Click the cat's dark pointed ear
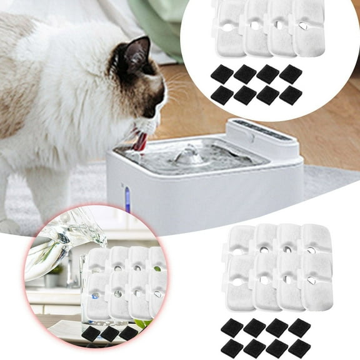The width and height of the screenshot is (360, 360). coord(136,53)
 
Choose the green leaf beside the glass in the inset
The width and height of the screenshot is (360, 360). coord(142,324)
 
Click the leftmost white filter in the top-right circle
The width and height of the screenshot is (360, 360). coord(227,28)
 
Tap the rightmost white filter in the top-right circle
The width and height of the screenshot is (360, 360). coord(308,28)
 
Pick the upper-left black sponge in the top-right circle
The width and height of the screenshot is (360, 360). coord(222,74)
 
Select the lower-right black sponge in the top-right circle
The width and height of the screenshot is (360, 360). coord(291,95)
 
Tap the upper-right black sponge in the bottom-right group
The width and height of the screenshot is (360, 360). coord(299,327)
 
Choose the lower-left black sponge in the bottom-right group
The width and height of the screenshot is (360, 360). coord(232,347)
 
